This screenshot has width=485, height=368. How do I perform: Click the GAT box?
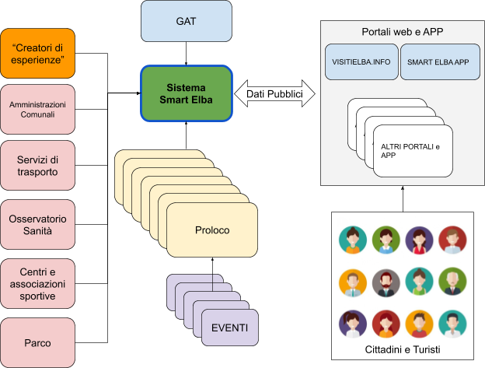[187, 21]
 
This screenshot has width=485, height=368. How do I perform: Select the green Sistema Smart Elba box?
[187, 93]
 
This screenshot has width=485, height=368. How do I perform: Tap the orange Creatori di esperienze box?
[38, 54]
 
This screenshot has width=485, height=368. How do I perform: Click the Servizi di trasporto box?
[38, 166]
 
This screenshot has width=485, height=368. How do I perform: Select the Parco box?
[38, 340]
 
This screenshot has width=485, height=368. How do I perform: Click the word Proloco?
[212, 230]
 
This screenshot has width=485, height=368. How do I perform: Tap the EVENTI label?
[230, 327]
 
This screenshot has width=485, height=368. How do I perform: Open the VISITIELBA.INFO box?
[361, 62]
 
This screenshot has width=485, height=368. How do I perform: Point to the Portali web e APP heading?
[402, 33]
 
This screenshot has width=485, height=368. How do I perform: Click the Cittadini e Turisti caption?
[402, 351]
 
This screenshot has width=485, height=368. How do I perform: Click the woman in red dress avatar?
[418, 239]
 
